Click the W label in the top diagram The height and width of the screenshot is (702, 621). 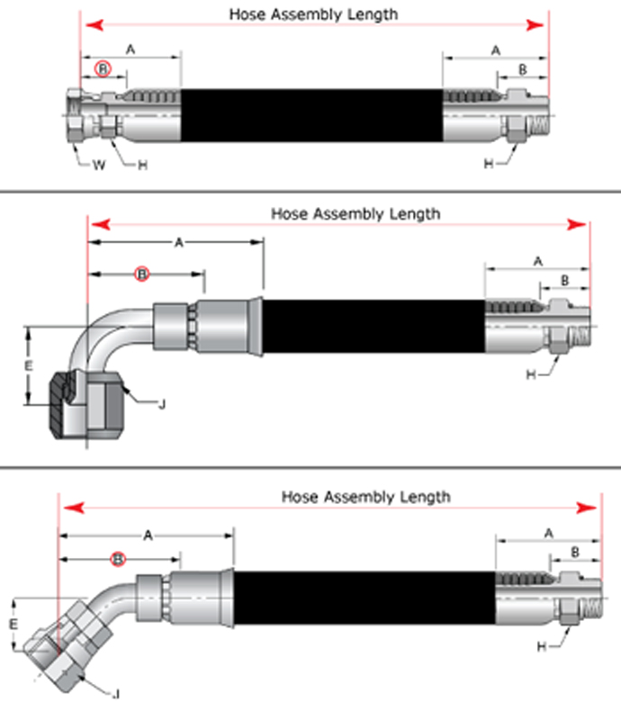(x=101, y=165)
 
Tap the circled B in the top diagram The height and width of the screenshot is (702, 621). (x=104, y=68)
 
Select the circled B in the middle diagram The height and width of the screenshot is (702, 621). (x=141, y=272)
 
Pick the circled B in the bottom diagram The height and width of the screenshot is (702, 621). (x=118, y=559)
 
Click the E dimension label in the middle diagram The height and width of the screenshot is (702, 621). (x=28, y=366)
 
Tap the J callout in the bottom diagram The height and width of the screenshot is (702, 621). (x=118, y=692)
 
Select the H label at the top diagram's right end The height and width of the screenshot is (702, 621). (x=489, y=164)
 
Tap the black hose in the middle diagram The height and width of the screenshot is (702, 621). (x=373, y=325)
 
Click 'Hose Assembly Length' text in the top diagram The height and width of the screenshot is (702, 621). (x=312, y=14)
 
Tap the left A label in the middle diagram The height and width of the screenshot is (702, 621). (x=178, y=242)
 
